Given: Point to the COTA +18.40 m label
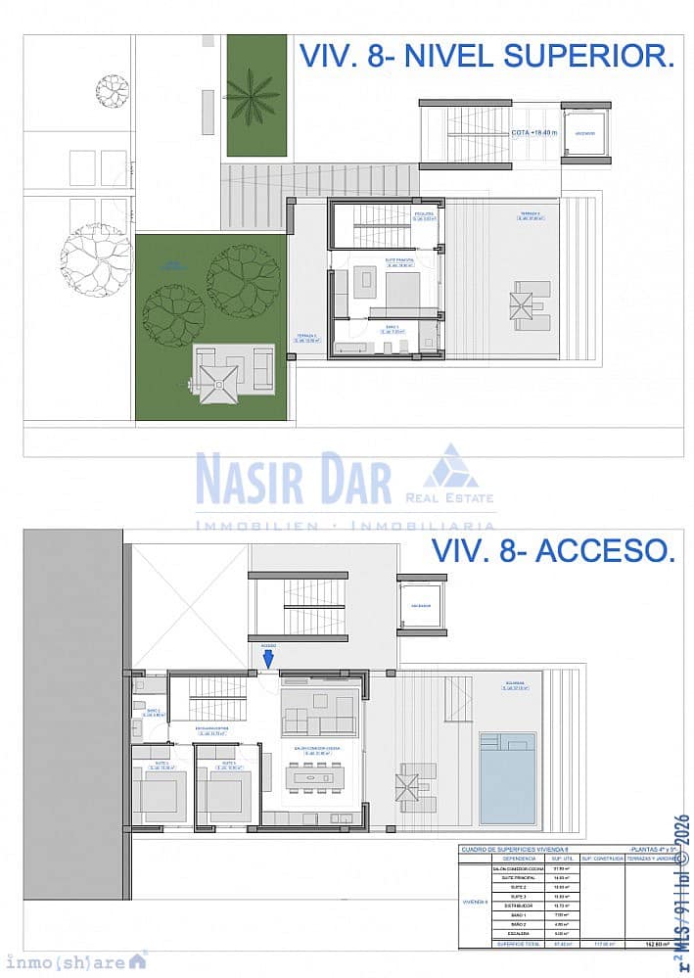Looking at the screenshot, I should click(x=534, y=132).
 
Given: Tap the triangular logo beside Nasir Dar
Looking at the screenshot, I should click(x=450, y=467).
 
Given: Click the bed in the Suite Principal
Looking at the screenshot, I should click(x=401, y=291).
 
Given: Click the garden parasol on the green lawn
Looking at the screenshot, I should click(x=218, y=379).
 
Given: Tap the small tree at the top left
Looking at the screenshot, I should click(x=112, y=91).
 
